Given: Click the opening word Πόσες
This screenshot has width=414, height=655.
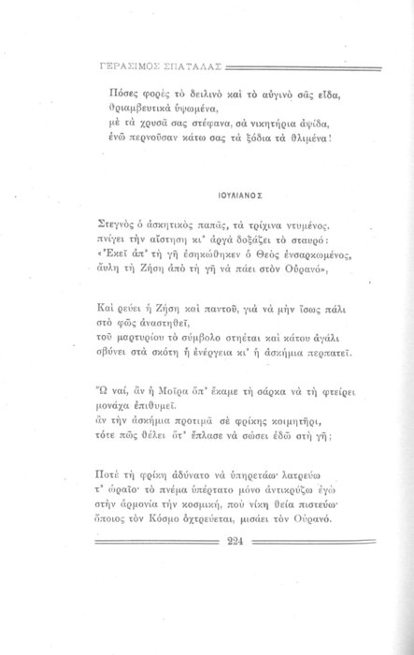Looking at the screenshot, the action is [x=115, y=96].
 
